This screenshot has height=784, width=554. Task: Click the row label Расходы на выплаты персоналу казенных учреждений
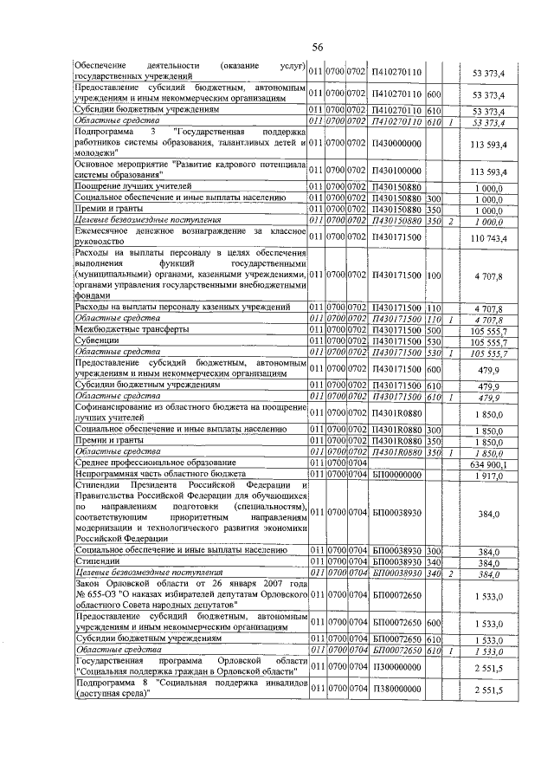(182, 308)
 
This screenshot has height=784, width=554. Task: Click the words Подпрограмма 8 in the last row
(112, 683)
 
